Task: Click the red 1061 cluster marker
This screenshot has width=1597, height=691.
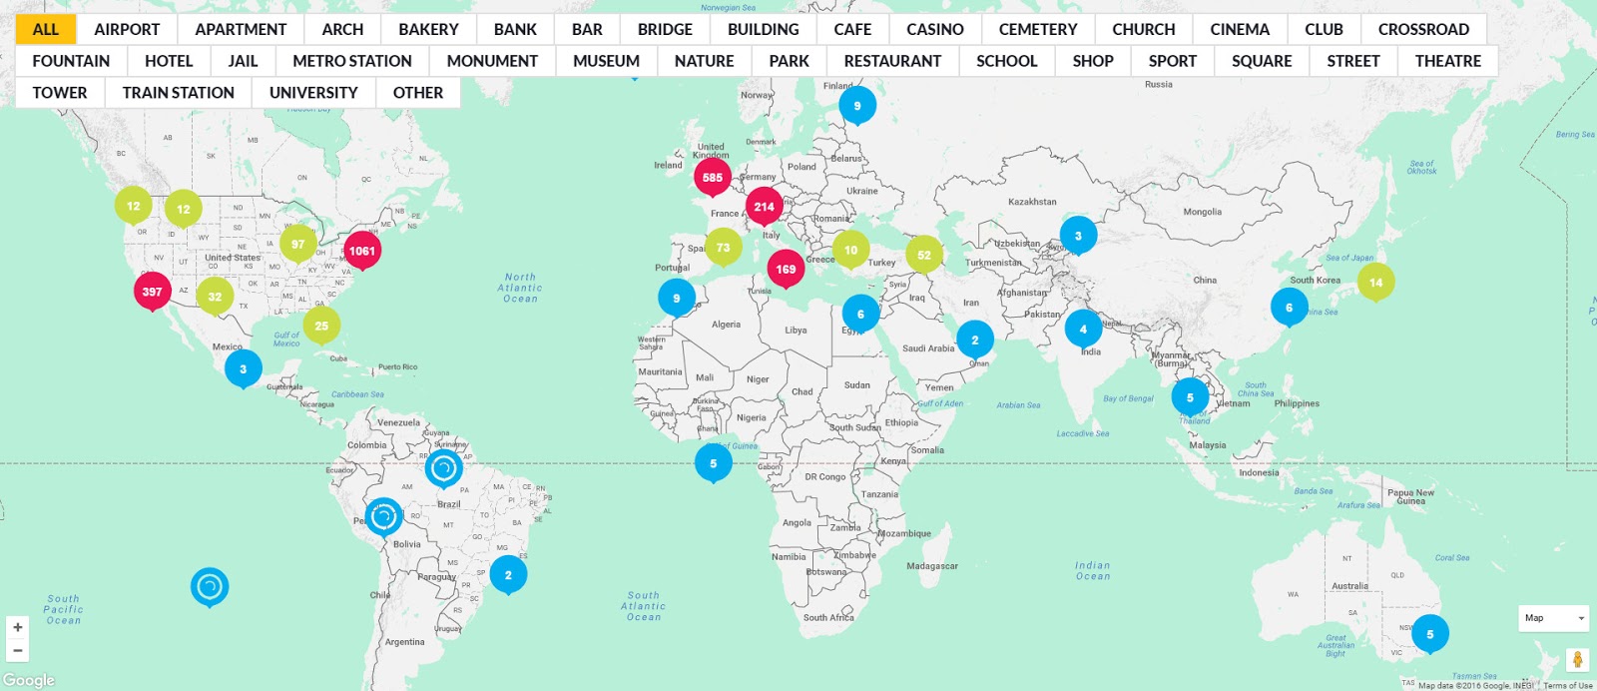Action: pos(362,251)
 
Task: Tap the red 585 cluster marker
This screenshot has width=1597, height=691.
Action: pos(713,178)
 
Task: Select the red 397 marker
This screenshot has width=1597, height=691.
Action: pos(152,292)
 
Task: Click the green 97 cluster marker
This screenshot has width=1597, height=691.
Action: pos(297,244)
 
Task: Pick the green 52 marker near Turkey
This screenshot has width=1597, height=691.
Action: pos(924,255)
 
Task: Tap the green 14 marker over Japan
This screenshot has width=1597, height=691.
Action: pos(1375,283)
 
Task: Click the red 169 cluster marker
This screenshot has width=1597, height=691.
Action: pos(787,269)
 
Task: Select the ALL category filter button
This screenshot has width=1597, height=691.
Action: pos(46,29)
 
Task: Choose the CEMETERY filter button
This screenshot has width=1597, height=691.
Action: pos(1038,29)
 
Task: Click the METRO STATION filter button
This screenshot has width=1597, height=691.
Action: pos(352,61)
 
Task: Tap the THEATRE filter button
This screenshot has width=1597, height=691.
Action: pos(1447,61)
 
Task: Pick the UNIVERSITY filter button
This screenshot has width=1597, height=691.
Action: pos(313,93)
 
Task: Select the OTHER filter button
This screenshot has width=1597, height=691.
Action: pos(418,93)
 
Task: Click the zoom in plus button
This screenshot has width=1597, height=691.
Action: pos(18,627)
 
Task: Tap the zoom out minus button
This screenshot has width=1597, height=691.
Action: pos(18,650)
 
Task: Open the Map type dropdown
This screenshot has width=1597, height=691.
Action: pos(1554,618)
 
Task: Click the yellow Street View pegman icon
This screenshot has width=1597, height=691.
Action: pos(1577,660)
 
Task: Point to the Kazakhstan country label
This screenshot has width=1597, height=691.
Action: pos(1032,202)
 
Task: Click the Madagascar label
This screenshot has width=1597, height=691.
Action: pos(932,566)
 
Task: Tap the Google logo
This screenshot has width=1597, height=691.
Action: pos(29,680)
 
